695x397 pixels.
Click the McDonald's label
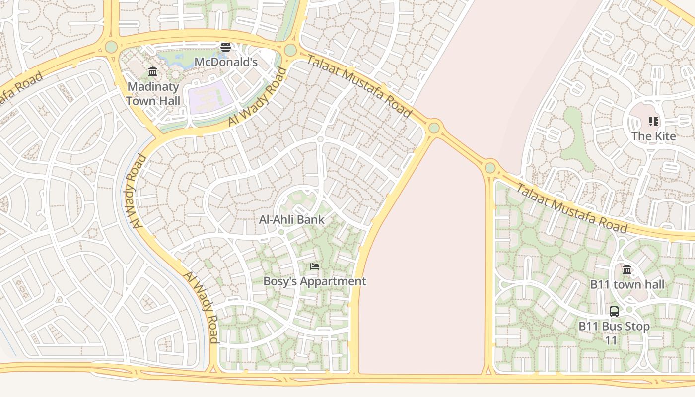pyautogui.click(x=225, y=62)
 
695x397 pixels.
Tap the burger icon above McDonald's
pyautogui.click(x=226, y=47)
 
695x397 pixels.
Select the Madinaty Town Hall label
pyautogui.click(x=153, y=93)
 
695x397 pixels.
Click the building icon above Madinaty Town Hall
pyautogui.click(x=153, y=72)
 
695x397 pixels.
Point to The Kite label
pyautogui.click(x=653, y=136)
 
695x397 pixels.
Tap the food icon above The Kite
pyautogui.click(x=653, y=122)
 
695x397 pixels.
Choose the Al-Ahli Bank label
pyautogui.click(x=291, y=219)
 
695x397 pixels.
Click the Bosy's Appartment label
pyautogui.click(x=314, y=281)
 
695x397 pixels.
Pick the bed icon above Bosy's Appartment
pyautogui.click(x=314, y=266)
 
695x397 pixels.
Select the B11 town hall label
pyautogui.click(x=626, y=285)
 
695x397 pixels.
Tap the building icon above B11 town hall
pyautogui.click(x=627, y=270)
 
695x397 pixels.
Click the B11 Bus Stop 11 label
pyautogui.click(x=614, y=333)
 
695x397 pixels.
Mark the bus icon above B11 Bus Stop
pyautogui.click(x=614, y=312)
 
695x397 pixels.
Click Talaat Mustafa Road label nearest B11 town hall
pyautogui.click(x=571, y=208)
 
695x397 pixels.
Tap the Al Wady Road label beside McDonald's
pyautogui.click(x=258, y=97)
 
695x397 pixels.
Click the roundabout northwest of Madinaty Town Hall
pyautogui.click(x=111, y=47)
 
